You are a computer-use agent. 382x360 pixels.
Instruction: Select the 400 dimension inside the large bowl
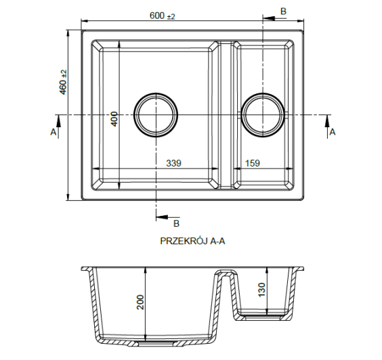[x=114, y=119]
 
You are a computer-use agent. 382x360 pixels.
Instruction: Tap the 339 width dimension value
[x=174, y=163]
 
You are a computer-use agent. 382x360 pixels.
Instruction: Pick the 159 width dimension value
[x=251, y=163]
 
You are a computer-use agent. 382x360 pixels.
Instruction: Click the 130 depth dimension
[x=261, y=289]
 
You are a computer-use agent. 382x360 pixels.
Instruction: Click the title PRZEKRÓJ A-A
[x=192, y=240]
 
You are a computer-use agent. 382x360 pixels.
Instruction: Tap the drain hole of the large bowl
[x=156, y=114]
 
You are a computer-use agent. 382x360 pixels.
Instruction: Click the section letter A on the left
[x=54, y=133]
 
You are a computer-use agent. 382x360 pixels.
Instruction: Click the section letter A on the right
[x=332, y=133]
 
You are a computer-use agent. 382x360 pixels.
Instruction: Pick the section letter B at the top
[x=283, y=10]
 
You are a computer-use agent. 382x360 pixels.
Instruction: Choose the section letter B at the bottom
[x=175, y=223]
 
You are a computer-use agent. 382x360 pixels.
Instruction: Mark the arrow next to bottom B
[x=163, y=217]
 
